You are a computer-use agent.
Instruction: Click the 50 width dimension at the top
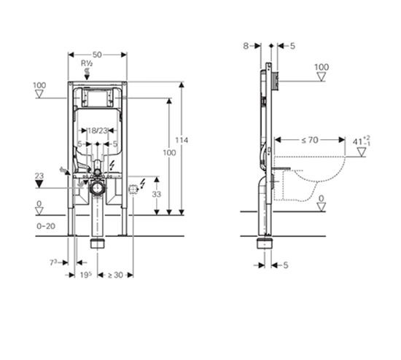pos(97,55)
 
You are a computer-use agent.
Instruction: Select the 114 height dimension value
pos(182,140)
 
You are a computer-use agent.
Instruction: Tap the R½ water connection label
pos(87,63)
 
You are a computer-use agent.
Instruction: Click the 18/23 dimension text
pos(98,130)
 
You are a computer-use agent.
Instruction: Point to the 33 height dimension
pos(157,195)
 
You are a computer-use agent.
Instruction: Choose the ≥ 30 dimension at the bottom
pos(115,275)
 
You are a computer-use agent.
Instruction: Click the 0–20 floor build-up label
pos(46,226)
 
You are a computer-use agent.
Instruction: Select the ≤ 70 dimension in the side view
pos(309,140)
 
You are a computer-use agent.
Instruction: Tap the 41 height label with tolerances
pos(361,141)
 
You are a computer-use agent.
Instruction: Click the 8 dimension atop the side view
pos(246,46)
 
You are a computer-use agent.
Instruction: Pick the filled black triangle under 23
pos(39,184)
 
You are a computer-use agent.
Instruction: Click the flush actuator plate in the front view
pos(97,98)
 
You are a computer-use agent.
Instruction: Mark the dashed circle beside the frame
pos(133,189)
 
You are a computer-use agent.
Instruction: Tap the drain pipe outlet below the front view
pos(97,243)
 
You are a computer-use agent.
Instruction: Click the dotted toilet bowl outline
pos(310,179)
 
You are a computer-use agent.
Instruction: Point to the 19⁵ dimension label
pos(86,275)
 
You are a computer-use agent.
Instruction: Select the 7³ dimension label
pos(53,262)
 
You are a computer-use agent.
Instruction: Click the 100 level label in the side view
pos(322,67)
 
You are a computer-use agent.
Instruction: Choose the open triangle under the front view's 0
pos(39,211)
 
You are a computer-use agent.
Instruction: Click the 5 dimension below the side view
pos(286,265)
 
